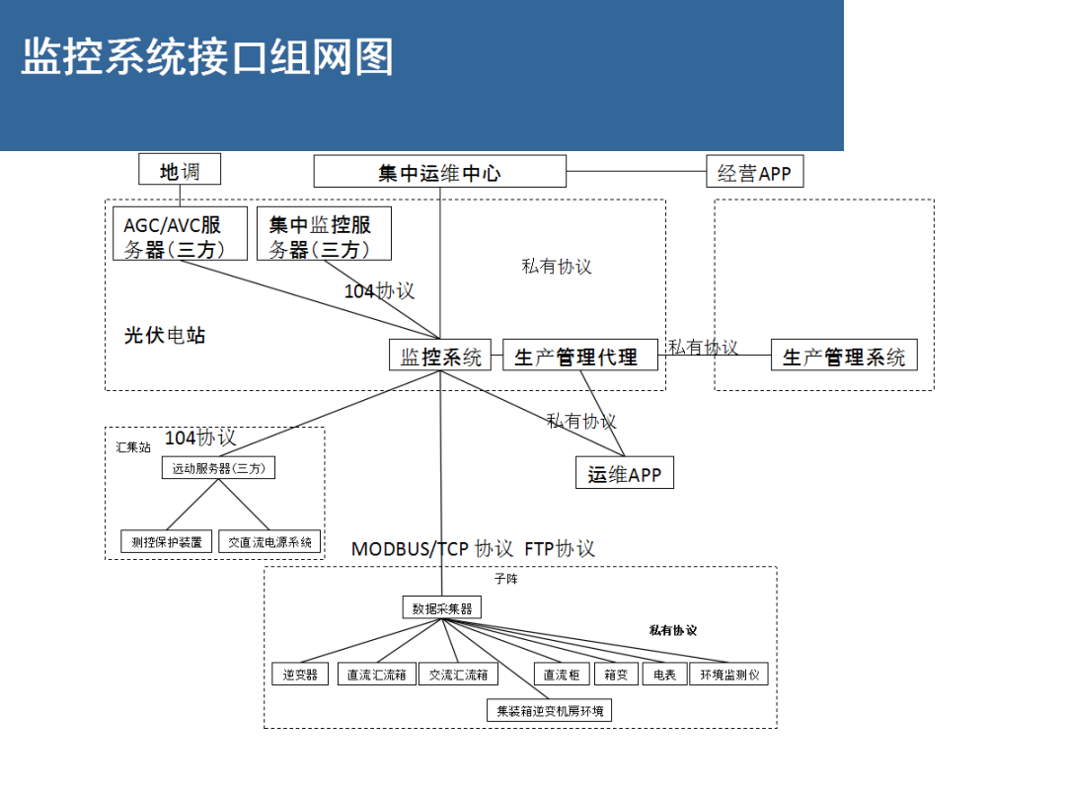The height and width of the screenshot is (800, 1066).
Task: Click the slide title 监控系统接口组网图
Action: coord(207,57)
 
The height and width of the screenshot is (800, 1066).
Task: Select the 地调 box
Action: coord(180,171)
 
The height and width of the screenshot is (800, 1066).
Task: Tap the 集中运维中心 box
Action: coord(439,173)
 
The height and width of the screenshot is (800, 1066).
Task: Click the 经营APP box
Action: coord(754,173)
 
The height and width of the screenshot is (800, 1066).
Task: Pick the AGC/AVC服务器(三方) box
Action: coord(179,235)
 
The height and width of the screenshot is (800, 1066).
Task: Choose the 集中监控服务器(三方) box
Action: coord(324,235)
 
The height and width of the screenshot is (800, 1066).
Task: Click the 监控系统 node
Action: coord(440,356)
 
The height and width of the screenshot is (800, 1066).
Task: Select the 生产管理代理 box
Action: coord(581,356)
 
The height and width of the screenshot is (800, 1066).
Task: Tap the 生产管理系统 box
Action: coord(843,356)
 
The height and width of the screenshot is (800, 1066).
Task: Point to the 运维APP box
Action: coord(624,473)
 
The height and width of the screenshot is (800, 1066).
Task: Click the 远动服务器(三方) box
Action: coord(218,468)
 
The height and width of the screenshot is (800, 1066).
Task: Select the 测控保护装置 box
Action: coord(166,541)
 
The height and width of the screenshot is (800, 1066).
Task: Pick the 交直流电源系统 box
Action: coord(269,541)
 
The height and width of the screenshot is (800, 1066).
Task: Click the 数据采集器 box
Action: coord(441,608)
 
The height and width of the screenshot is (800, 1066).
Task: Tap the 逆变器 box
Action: coord(300,675)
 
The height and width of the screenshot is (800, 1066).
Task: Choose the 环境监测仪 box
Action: coord(728,675)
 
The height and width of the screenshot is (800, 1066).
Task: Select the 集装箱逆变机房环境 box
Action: coord(550,710)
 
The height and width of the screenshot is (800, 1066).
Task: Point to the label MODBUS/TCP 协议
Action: coord(432,548)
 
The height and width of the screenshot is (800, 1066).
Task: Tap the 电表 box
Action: coord(664,675)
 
